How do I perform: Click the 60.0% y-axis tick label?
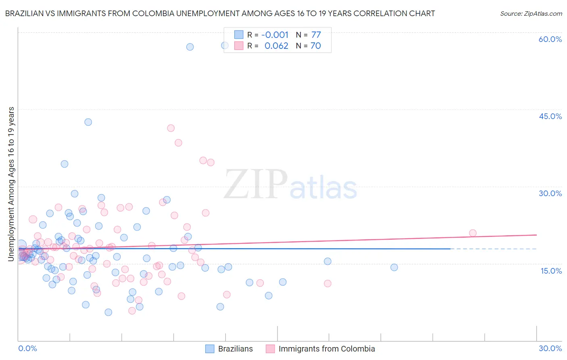tap(550, 40)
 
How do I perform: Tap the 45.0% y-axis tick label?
tap(550, 116)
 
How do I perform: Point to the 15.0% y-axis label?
tap(551, 271)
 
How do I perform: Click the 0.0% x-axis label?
tap(27, 349)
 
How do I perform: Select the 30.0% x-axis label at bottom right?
tap(550, 349)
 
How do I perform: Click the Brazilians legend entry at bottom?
tap(235, 349)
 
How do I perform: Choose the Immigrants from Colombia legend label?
tap(327, 349)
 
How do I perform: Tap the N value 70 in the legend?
tap(315, 46)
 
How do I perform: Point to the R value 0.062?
tap(276, 46)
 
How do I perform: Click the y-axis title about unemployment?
tap(11, 184)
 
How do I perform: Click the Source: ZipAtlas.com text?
tap(531, 14)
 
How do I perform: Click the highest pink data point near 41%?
tap(171, 128)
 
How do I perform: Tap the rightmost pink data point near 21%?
tap(473, 233)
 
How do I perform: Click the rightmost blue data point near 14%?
tap(394, 267)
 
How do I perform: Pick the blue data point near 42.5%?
tap(88, 122)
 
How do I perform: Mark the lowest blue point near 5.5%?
tap(108, 312)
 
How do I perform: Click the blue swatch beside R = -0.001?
tap(239, 35)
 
